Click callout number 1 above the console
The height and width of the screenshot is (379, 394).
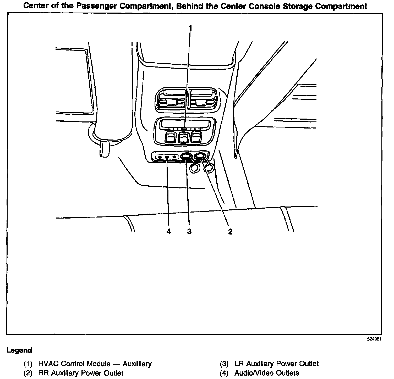[x=190, y=28]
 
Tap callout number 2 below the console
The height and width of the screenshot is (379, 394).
[x=230, y=231]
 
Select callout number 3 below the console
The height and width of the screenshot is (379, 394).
[x=189, y=231]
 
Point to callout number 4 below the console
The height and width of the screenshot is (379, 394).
[x=169, y=231]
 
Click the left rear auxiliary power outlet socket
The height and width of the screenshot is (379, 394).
[x=186, y=157]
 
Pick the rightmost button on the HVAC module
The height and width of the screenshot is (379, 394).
[x=196, y=137]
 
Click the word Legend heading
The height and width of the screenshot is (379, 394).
[x=19, y=350]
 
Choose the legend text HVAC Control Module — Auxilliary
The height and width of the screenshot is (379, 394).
[x=95, y=364]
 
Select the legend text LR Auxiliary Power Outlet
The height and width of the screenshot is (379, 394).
[x=276, y=364]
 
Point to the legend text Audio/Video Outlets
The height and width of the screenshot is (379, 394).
[x=266, y=373]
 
